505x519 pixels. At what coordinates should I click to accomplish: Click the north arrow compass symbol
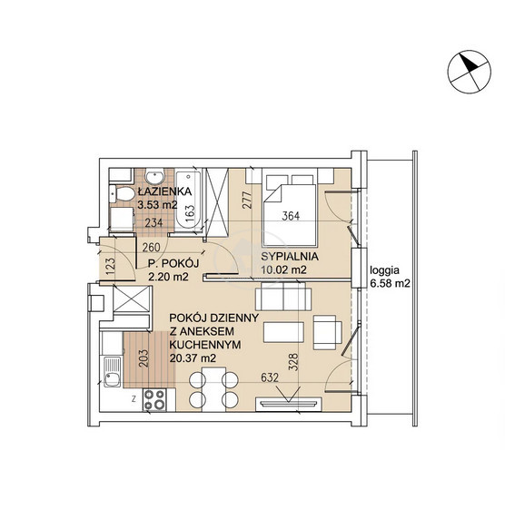pos(470,72)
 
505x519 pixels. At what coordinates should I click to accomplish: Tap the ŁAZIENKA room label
pos(165,191)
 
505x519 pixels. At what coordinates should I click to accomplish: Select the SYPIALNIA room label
pos(290,256)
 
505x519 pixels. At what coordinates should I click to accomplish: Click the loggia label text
pos(384,270)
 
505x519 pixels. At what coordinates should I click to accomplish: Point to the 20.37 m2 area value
pos(193,358)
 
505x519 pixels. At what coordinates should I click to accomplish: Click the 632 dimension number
pos(270,377)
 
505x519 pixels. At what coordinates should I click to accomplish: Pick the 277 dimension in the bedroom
pos(248,200)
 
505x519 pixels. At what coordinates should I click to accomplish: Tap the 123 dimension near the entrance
pos(110,267)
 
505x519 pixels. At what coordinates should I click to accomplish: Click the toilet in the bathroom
pos(122,193)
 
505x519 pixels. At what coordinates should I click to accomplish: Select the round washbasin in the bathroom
pos(154,176)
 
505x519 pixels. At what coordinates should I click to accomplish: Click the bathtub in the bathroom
pos(188,200)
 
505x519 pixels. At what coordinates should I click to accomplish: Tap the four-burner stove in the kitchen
pos(154,399)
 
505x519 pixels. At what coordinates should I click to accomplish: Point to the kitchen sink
pos(112,372)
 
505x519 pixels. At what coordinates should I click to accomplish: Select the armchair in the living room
pos(327,332)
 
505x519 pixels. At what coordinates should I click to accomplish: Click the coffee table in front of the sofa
pos(283,332)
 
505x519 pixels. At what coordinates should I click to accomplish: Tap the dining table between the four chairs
pos(213,389)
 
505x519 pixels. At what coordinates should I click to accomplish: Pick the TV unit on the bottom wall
pos(289,404)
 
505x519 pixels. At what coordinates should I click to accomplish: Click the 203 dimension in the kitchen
pos(144,358)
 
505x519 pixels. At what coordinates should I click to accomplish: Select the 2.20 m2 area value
pos(168,277)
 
